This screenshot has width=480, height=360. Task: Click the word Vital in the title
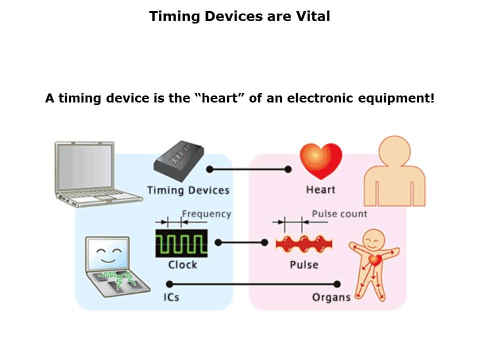(313, 16)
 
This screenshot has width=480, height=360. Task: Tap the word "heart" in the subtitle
(220, 98)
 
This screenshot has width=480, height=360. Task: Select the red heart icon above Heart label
(321, 161)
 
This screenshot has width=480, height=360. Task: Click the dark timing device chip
(179, 161)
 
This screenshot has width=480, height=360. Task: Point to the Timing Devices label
(188, 190)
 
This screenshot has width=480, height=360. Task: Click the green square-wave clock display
(181, 243)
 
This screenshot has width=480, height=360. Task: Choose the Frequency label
(206, 214)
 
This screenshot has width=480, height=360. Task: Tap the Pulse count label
(339, 213)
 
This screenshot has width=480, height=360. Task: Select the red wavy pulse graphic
(304, 244)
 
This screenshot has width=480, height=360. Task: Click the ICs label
(171, 297)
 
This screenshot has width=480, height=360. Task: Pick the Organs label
(331, 297)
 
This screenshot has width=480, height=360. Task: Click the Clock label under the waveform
(182, 265)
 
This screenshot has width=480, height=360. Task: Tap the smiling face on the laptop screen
(108, 254)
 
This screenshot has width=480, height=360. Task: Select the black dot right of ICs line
(337, 284)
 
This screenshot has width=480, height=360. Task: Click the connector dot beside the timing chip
(209, 169)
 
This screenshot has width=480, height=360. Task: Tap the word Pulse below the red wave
(304, 265)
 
